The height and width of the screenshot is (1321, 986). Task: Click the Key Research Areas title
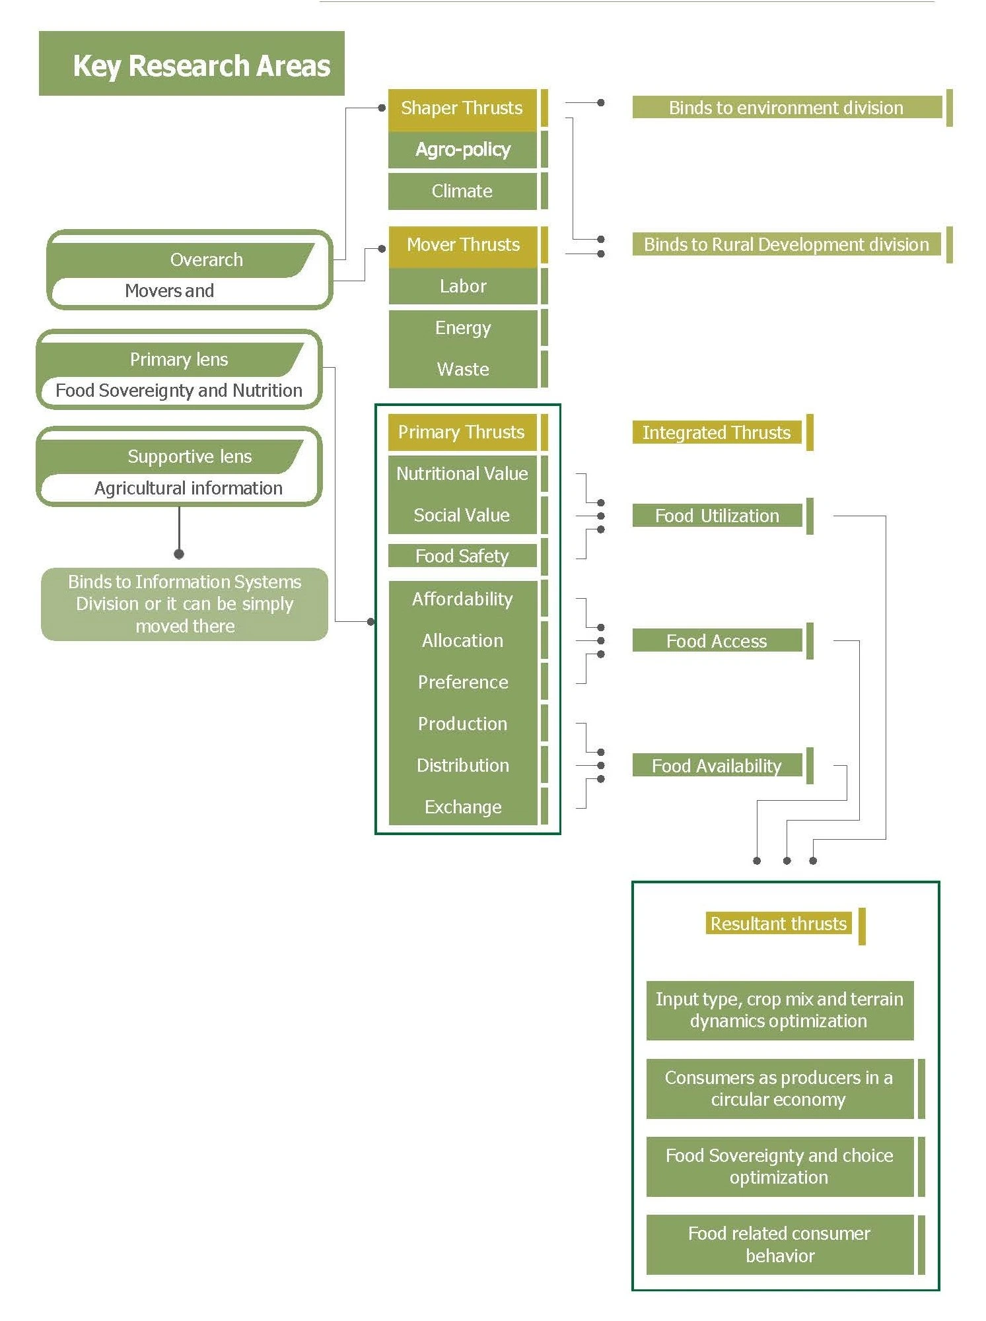[x=201, y=65]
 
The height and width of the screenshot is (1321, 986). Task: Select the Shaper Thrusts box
[x=462, y=108]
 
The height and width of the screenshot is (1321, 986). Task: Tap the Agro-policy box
[x=462, y=150]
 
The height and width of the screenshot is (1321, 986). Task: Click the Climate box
[x=462, y=191]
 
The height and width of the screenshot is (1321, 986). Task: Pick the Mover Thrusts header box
[x=463, y=245]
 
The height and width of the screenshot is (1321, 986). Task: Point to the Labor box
[x=463, y=287]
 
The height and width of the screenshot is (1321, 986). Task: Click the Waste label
[x=463, y=370]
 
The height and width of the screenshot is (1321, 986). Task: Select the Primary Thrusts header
[x=462, y=432]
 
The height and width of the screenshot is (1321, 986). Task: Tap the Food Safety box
[x=462, y=556]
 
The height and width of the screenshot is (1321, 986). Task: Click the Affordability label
[x=462, y=599]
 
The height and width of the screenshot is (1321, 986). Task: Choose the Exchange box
[x=463, y=807]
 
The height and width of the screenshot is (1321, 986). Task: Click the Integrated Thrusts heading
[x=716, y=432]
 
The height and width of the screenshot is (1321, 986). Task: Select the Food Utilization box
[x=717, y=516]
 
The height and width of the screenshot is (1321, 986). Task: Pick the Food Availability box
[x=717, y=766]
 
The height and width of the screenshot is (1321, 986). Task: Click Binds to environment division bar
[x=786, y=108]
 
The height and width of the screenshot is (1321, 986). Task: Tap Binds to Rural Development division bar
[x=786, y=245]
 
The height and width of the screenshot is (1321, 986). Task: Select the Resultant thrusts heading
[x=778, y=924]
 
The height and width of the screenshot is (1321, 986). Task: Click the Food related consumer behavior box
[x=779, y=1244]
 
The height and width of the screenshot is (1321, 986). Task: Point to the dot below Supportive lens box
[x=179, y=554]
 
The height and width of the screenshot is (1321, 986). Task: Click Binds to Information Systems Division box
[x=184, y=604]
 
